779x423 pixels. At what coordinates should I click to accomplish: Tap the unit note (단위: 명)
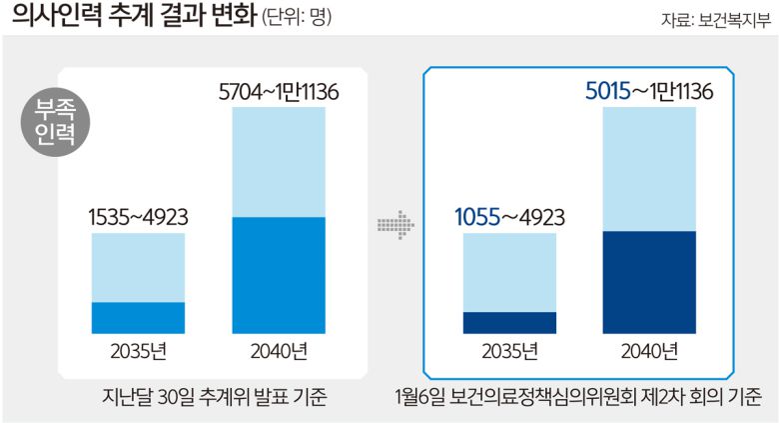(x=297, y=19)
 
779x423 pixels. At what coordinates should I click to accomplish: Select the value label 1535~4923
(x=138, y=216)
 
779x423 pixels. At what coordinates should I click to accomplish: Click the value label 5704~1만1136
(x=279, y=93)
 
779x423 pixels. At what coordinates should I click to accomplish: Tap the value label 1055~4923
(x=509, y=216)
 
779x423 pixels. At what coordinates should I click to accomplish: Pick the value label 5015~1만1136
(x=648, y=93)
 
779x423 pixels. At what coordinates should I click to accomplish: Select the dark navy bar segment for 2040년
(x=649, y=282)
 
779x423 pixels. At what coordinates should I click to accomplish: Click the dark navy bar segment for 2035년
(x=509, y=322)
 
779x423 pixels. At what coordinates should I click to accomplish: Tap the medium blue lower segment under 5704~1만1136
(x=279, y=274)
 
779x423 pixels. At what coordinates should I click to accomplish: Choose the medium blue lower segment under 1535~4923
(x=138, y=317)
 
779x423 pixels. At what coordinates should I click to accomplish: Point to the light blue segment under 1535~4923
(x=138, y=267)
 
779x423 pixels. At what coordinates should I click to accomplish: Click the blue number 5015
(x=607, y=93)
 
